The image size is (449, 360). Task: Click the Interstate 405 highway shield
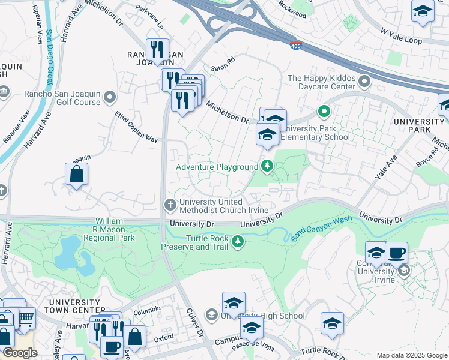pos(295,46)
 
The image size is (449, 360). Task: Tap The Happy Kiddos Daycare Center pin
pos(363,80)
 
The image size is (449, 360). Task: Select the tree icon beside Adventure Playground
pos(266,166)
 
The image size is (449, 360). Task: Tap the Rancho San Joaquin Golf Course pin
pos(109,97)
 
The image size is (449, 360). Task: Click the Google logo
pos(20,353)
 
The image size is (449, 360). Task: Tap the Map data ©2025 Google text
pos(411,355)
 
